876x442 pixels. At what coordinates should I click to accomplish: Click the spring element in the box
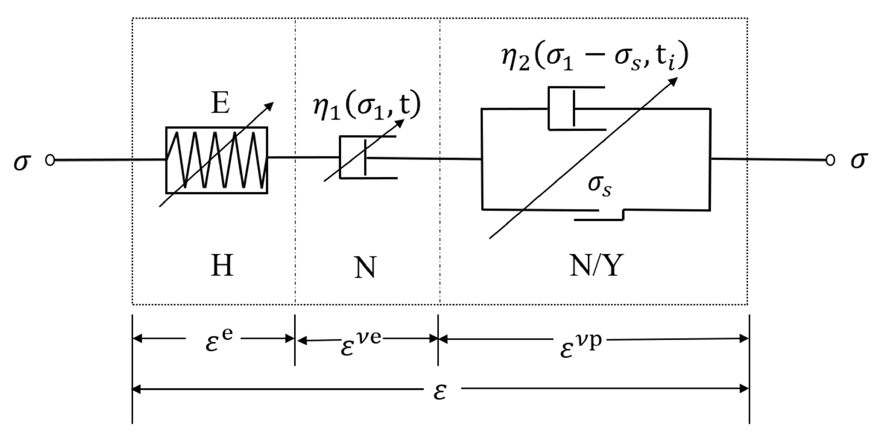(x=216, y=160)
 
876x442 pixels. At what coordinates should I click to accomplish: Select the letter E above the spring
(x=220, y=103)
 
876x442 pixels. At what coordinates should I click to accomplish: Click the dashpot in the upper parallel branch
(x=576, y=108)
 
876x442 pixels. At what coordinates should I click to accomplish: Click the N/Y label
(x=596, y=265)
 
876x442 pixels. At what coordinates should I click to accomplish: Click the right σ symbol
(x=858, y=160)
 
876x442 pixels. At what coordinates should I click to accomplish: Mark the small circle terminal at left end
(x=50, y=160)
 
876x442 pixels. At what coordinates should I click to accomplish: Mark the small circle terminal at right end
(x=830, y=160)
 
